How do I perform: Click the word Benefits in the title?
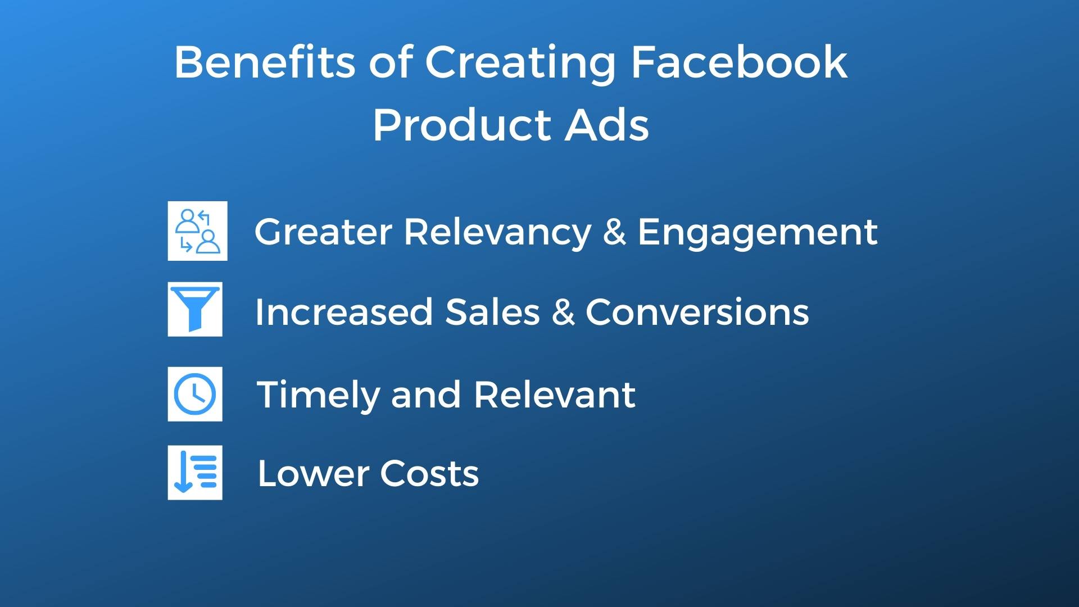click(265, 62)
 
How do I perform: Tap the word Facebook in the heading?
click(738, 62)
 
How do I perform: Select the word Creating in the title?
click(520, 63)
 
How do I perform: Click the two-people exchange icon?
click(197, 231)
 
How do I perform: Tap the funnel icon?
click(195, 309)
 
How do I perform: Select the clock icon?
click(195, 394)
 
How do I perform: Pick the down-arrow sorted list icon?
click(195, 473)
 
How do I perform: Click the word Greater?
click(323, 232)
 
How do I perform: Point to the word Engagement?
click(757, 233)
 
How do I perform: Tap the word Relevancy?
click(497, 233)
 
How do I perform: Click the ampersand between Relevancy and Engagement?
click(614, 232)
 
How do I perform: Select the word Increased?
click(343, 312)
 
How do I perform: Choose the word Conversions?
click(697, 312)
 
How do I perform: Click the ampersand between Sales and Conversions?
click(563, 312)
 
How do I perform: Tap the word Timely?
click(318, 395)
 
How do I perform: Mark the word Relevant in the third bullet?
click(555, 395)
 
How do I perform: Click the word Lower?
click(312, 473)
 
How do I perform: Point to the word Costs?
click(429, 473)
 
